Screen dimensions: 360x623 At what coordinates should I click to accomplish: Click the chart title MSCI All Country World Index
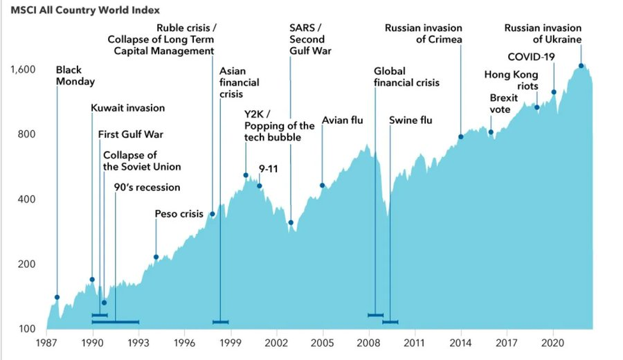click(x=85, y=10)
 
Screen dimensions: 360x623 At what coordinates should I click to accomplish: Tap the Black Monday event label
click(x=75, y=75)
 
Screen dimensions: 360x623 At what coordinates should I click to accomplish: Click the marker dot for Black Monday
click(x=57, y=297)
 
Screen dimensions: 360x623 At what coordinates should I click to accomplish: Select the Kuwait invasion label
click(x=128, y=108)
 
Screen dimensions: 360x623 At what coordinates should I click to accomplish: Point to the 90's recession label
click(x=147, y=188)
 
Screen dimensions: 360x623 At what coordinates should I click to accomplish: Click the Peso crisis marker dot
click(x=156, y=257)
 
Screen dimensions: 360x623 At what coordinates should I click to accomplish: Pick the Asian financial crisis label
click(x=239, y=82)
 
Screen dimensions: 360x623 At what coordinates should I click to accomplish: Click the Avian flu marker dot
click(x=322, y=186)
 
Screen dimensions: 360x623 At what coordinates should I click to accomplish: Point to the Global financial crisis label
click(x=406, y=77)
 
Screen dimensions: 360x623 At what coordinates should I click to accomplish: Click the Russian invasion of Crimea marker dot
click(x=460, y=136)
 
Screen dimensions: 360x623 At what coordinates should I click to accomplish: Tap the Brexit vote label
click(x=504, y=104)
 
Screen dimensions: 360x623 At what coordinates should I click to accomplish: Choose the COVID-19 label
click(x=531, y=57)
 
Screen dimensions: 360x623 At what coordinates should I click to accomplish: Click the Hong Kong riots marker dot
click(x=536, y=107)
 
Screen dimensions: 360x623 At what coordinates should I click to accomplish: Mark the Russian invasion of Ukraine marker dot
click(x=581, y=66)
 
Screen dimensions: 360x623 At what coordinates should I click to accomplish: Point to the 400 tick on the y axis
click(x=27, y=199)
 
